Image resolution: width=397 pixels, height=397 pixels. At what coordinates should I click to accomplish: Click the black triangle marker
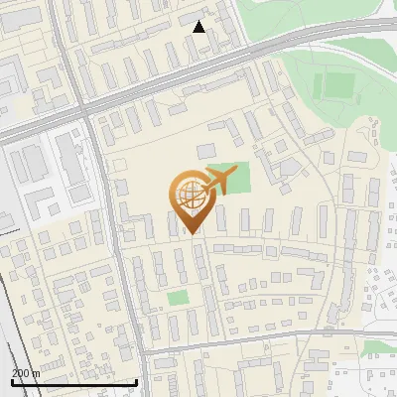coord(199,27)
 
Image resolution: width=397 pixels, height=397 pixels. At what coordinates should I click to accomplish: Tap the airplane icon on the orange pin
coord(218,181)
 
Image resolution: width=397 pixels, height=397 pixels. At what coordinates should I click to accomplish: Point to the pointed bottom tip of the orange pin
coord(192,233)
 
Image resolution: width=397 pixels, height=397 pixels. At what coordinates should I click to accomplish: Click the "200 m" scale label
coord(26,373)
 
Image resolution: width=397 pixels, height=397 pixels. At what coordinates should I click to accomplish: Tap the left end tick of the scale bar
coord(11,381)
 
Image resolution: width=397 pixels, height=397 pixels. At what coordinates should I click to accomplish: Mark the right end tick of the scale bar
coord(136,381)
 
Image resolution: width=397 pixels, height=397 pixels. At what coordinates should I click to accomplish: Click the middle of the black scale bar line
coord(73,382)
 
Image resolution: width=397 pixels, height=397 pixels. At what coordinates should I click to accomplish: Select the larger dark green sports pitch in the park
coord(337,85)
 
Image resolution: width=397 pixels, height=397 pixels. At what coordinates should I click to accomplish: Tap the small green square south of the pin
coord(178,298)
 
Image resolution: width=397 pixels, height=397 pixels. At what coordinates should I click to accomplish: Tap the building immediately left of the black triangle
coord(188,19)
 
